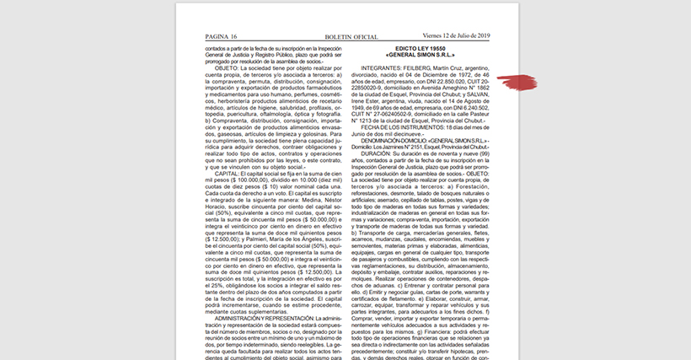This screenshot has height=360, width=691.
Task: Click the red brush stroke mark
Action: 517,81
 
